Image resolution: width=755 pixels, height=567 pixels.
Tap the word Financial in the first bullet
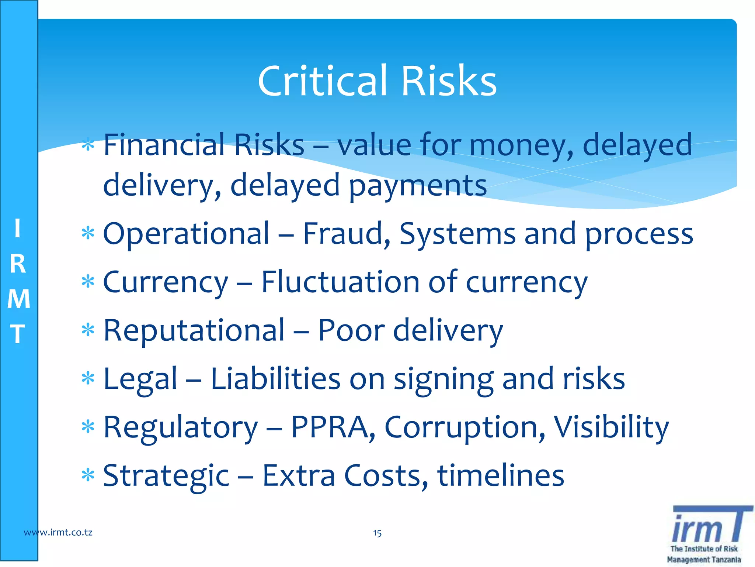point(164,145)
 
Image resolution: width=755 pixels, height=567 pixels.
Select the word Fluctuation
point(340,282)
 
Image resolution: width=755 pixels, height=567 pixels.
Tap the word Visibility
point(611,428)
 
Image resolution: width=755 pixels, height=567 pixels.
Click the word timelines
point(500,475)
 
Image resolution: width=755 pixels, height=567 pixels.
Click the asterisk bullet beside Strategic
point(88,475)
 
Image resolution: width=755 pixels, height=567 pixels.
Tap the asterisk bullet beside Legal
point(88,379)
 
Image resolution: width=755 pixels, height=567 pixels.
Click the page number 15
point(377,533)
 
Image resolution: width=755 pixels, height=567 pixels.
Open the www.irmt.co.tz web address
point(58,532)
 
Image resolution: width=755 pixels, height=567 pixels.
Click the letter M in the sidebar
point(18,299)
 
